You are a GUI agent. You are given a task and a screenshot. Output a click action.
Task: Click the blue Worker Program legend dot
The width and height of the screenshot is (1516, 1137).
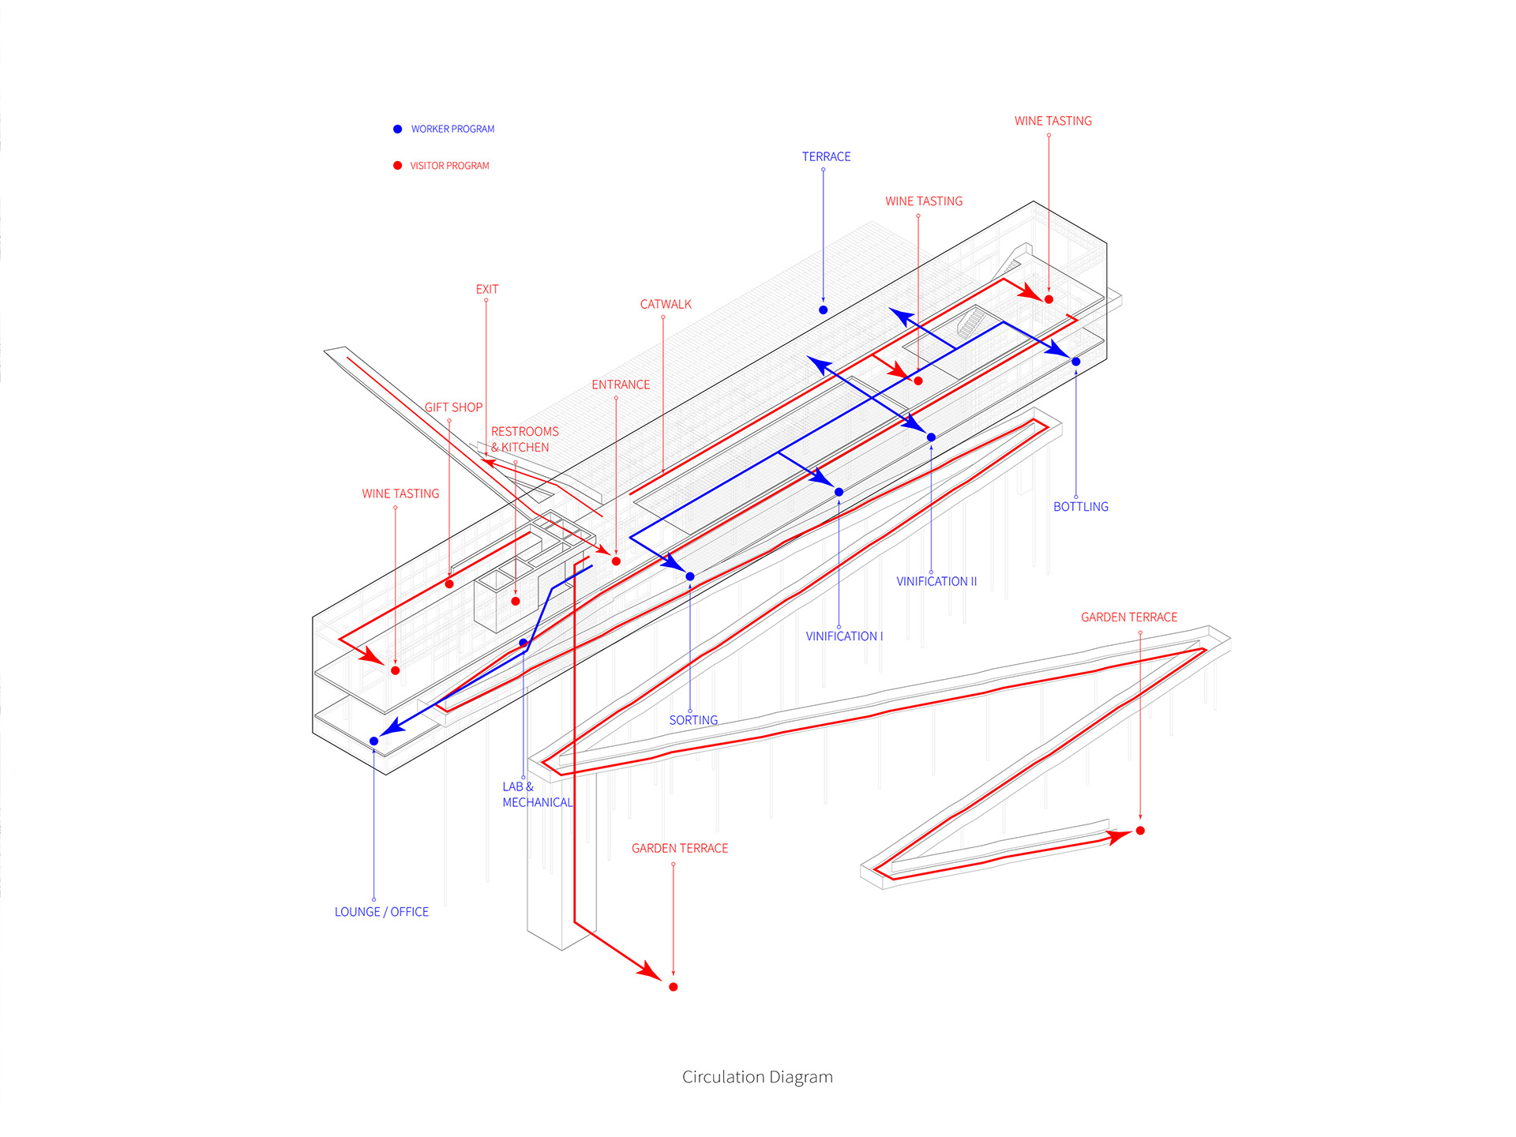pyautogui.click(x=397, y=129)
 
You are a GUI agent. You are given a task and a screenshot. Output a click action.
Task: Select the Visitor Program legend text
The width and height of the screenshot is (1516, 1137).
pyautogui.click(x=449, y=166)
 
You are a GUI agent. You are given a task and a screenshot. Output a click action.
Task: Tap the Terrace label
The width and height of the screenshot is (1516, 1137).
pyautogui.click(x=826, y=156)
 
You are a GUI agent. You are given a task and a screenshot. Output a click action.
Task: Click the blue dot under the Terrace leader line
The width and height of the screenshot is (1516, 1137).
pyautogui.click(x=823, y=310)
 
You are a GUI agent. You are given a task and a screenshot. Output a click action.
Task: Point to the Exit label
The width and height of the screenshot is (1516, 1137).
pyautogui.click(x=486, y=289)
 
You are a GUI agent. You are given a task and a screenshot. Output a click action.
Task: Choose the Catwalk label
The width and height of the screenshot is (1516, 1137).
pyautogui.click(x=666, y=304)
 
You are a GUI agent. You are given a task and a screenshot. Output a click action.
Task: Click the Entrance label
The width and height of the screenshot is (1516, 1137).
pyautogui.click(x=621, y=385)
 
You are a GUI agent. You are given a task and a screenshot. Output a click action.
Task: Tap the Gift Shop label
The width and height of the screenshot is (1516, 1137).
pyautogui.click(x=453, y=407)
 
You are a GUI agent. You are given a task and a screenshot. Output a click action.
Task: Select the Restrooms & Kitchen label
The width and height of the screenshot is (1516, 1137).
pyautogui.click(x=525, y=439)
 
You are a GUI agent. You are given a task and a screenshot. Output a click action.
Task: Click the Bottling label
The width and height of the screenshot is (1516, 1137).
pyautogui.click(x=1080, y=507)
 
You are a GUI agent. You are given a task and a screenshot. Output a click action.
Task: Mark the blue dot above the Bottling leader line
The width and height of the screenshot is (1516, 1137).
pyautogui.click(x=1075, y=362)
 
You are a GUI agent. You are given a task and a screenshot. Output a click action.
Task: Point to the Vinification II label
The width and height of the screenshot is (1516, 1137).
pyautogui.click(x=936, y=581)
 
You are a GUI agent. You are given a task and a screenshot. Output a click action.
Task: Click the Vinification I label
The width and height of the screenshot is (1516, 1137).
pyautogui.click(x=844, y=636)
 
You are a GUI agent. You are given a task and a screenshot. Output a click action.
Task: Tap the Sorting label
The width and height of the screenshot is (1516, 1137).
pyautogui.click(x=693, y=720)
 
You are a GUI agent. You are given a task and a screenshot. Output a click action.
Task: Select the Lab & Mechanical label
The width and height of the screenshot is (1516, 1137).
pyautogui.click(x=537, y=794)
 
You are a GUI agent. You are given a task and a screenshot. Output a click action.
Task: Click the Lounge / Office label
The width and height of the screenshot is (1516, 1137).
pyautogui.click(x=381, y=912)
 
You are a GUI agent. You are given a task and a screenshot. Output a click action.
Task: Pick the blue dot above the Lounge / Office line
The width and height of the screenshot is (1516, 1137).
pyautogui.click(x=374, y=741)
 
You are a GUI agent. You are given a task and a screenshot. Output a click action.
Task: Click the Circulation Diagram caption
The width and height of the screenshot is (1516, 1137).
pyautogui.click(x=757, y=1077)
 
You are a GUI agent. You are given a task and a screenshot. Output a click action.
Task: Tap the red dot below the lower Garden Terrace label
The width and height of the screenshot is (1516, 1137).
pyautogui.click(x=673, y=987)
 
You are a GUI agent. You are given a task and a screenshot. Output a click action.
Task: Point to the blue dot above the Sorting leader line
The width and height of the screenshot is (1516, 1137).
pyautogui.click(x=690, y=576)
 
